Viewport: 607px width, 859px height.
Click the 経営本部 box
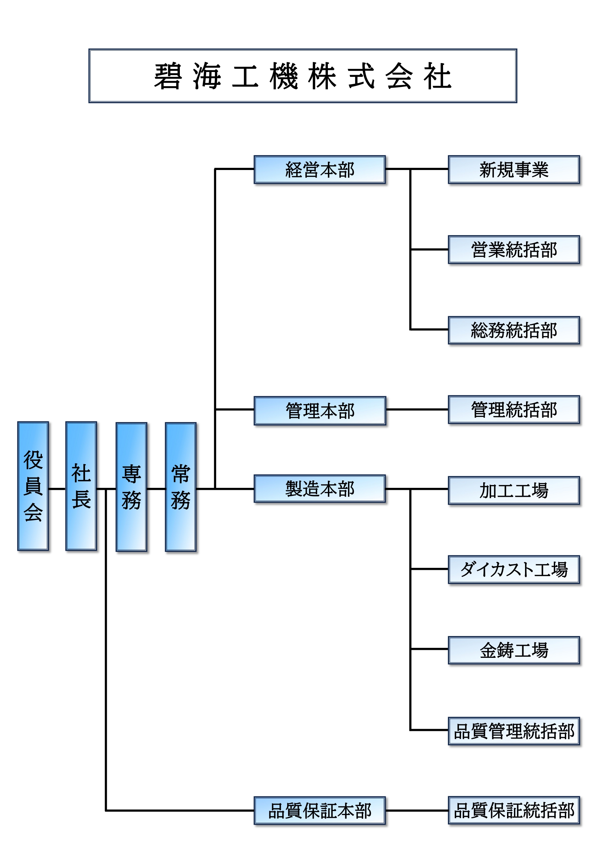320,170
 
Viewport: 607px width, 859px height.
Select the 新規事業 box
514,170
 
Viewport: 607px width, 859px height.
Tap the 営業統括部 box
514,250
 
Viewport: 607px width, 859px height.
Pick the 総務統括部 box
514,330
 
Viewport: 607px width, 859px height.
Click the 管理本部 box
320,410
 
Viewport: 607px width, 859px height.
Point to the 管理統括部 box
514,410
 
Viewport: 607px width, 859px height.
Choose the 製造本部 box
320,489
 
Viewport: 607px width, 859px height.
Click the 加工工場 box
514,491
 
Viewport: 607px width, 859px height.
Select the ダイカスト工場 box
514,570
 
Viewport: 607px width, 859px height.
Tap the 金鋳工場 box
514,650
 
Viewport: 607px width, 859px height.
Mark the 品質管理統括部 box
514,731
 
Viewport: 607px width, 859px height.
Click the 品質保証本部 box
320,811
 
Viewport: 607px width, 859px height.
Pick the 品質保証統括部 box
514,811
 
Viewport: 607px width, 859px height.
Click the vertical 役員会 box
33,486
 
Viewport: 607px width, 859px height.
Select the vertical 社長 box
81,486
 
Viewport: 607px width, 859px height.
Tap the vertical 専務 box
131,487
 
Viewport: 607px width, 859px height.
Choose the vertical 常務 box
181,487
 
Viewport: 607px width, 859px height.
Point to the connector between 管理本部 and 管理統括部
417,410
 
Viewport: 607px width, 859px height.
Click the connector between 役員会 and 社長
57,489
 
